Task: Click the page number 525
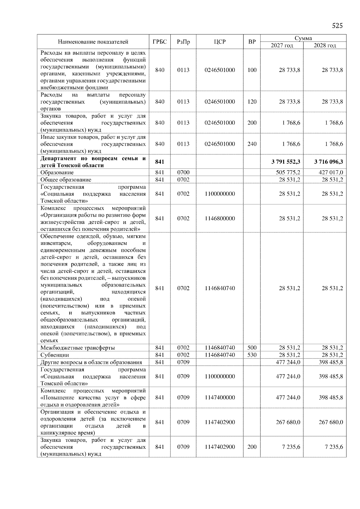click(x=337, y=26)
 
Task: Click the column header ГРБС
click(x=160, y=42)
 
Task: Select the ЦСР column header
click(x=220, y=42)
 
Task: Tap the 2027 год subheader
click(x=282, y=46)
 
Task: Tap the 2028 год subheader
click(x=325, y=46)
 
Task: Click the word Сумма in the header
click(x=303, y=38)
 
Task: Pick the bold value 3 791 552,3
click(x=286, y=162)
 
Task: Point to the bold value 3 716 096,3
click(x=328, y=162)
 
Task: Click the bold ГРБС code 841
click(x=160, y=162)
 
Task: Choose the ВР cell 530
click(x=252, y=355)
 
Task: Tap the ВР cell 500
click(x=252, y=348)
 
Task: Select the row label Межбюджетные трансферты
click(x=78, y=348)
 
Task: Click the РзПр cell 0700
click(x=183, y=172)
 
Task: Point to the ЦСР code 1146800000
click(x=220, y=219)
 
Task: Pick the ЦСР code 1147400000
click(x=220, y=397)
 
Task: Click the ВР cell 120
click(x=252, y=102)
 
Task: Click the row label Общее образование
click(x=66, y=180)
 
